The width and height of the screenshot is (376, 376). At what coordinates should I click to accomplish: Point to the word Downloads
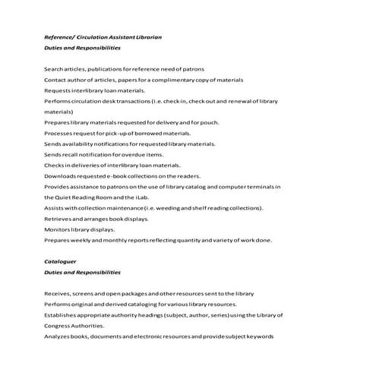coord(60,175)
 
